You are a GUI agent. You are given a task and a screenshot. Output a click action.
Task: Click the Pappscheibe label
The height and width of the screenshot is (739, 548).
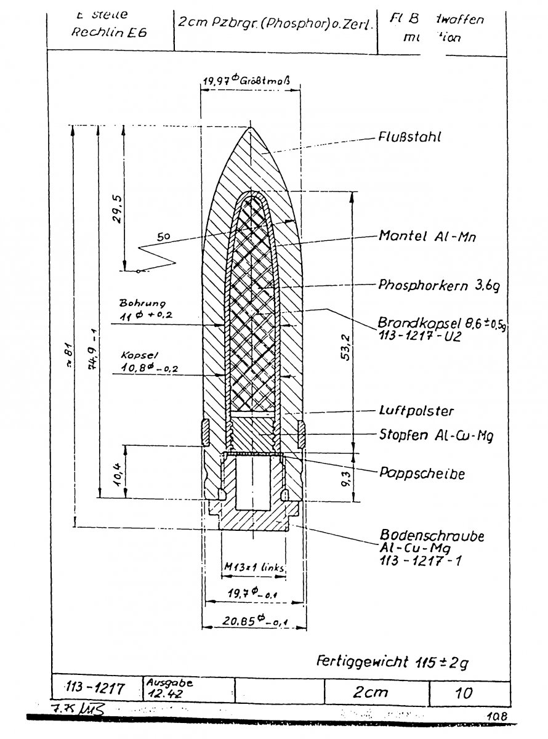coord(422,474)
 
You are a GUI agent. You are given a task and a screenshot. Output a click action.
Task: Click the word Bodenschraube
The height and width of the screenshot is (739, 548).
coord(432,536)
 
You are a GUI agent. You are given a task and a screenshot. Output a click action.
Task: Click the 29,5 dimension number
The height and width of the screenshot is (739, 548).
coord(113,210)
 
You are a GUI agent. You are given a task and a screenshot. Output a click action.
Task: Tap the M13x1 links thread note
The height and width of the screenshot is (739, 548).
coord(254,567)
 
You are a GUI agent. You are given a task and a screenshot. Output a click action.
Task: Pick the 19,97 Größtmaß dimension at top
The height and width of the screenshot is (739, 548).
coord(247,79)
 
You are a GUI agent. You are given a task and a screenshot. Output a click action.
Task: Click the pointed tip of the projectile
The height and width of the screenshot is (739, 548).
coord(251,127)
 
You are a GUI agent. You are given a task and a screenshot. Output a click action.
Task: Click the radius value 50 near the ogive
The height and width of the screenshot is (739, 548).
coord(163,236)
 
